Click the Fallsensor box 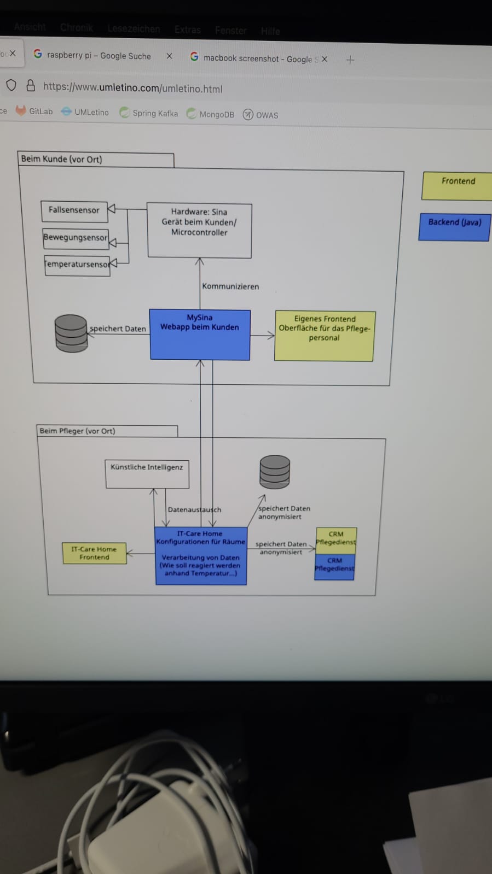tap(74, 210)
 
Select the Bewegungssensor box tap(76, 238)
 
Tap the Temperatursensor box tap(77, 265)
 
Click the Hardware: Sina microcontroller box tap(199, 230)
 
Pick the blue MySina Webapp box tap(200, 335)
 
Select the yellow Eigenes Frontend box tap(325, 336)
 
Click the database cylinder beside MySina tap(71, 333)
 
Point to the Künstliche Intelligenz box tap(147, 474)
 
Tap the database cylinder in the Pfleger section tap(274, 471)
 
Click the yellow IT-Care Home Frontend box tap(94, 553)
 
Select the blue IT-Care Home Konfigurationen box tap(201, 555)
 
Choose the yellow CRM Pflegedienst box tap(336, 539)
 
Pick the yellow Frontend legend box tap(458, 185)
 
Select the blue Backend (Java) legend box tap(454, 226)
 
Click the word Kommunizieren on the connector tap(230, 286)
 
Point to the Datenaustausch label tap(194, 509)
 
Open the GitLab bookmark tap(36, 111)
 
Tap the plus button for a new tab tap(350, 60)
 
